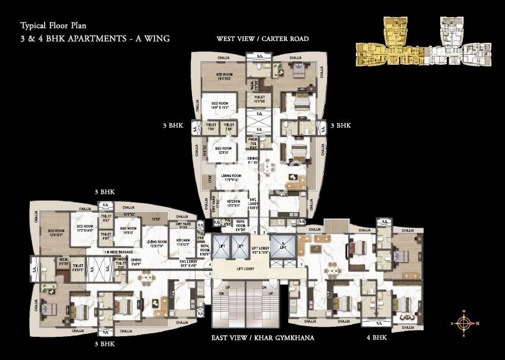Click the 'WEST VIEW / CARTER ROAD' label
click(x=262, y=39)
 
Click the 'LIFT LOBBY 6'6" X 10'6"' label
click(x=261, y=250)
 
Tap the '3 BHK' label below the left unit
click(x=104, y=343)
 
